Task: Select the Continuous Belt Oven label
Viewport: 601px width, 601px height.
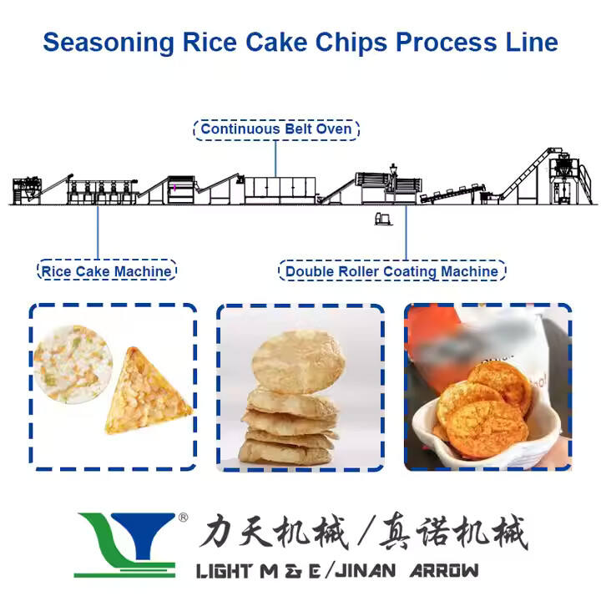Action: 277,129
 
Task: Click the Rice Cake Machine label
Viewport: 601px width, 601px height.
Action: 107,270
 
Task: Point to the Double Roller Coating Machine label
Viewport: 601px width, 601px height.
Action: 391,271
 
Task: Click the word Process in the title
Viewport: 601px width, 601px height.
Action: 452,42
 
